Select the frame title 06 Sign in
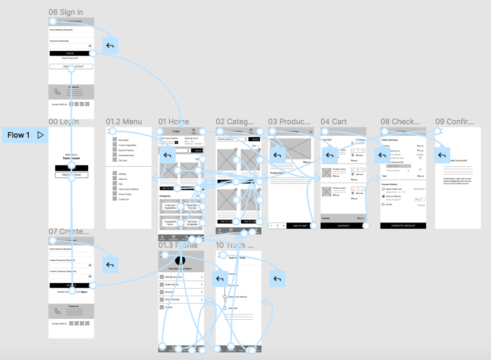pyautogui.click(x=66, y=12)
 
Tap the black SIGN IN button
pyautogui.click(x=70, y=53)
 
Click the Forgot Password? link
pyautogui.click(x=70, y=58)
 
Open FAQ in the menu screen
pyautogui.click(x=120, y=184)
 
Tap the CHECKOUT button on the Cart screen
pyautogui.click(x=343, y=226)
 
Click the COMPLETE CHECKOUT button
pyautogui.click(x=403, y=226)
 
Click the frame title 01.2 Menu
pyautogui.click(x=124, y=122)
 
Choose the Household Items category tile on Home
pyautogui.click(x=170, y=223)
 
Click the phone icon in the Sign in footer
pyautogui.click(x=58, y=92)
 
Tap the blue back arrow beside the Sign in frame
pyautogui.click(x=110, y=46)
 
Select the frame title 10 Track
pyautogui.click(x=235, y=245)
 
